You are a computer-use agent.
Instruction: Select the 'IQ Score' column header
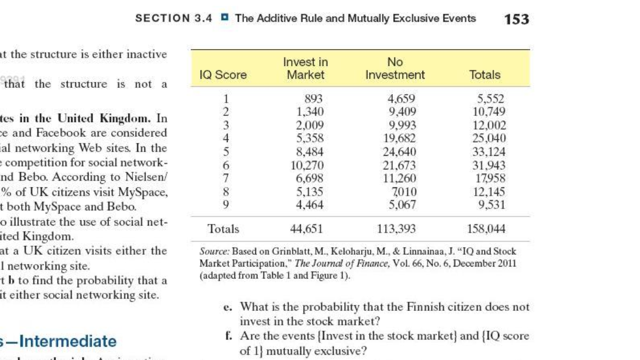click(218, 75)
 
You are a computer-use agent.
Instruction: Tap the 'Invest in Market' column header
click(305, 68)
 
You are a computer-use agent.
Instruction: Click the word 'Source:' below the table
click(215, 252)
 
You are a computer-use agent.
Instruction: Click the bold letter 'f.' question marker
click(230, 337)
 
